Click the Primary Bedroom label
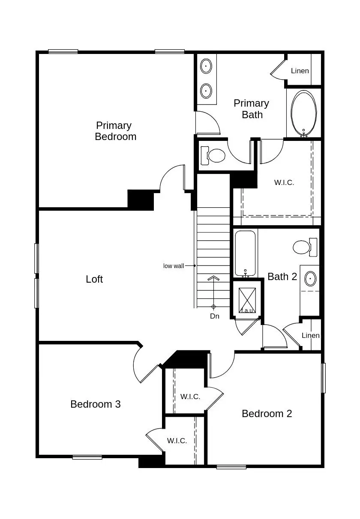coord(115,131)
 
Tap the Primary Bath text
coord(252,109)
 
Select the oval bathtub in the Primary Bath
coord(304,113)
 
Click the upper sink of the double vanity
coord(206,66)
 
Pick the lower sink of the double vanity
coord(206,91)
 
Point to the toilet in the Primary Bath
coord(214,155)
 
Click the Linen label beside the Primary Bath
coord(300,71)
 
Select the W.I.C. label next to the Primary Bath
coord(284,182)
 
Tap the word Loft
coord(94,279)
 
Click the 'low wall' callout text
coord(174,266)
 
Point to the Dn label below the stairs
coord(214,316)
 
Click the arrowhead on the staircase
coord(213,278)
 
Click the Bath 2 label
coord(282,277)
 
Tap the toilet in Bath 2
coord(305,247)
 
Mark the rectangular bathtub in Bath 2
coord(245,253)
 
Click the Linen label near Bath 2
coord(310,335)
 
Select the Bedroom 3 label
coord(95,404)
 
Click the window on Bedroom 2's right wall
coord(324,378)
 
